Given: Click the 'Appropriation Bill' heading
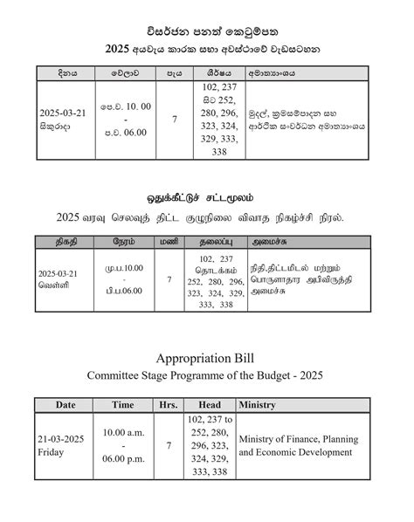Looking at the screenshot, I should coord(207,358).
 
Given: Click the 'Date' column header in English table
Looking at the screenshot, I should coord(66,405).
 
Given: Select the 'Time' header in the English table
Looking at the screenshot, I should coord(122,405).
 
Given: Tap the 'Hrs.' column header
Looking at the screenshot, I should coord(169,405).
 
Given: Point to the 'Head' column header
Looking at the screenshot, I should coord(210,405).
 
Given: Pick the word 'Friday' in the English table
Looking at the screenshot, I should coord(52,453).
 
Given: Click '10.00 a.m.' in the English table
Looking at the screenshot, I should coord(122,433).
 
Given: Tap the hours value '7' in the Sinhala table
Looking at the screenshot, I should coord(175,119).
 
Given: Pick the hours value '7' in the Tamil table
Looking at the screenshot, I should coord(169,279).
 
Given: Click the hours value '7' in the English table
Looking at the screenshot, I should coord(169,446).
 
